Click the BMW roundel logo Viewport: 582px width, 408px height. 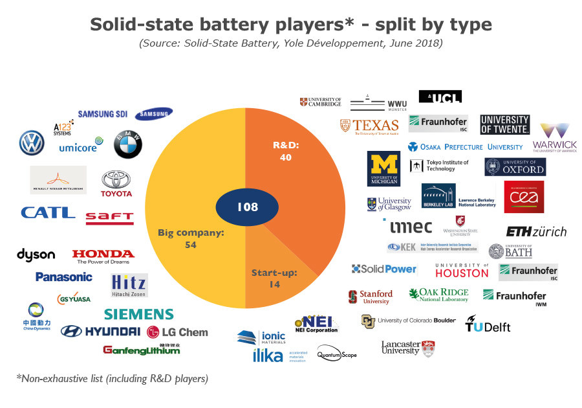click(128, 144)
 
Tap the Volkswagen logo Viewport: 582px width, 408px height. click(31, 142)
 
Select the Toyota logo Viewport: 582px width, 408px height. click(116, 184)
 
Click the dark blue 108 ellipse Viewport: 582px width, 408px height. click(247, 207)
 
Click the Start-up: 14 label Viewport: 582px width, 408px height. click(274, 278)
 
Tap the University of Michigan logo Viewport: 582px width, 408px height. click(383, 169)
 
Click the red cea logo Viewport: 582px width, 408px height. click(524, 197)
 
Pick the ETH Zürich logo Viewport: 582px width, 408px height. click(536, 231)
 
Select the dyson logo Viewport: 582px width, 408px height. click(36, 255)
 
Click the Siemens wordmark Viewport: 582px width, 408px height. click(139, 315)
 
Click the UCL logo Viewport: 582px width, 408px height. click(440, 96)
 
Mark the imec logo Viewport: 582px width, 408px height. click(411, 227)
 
